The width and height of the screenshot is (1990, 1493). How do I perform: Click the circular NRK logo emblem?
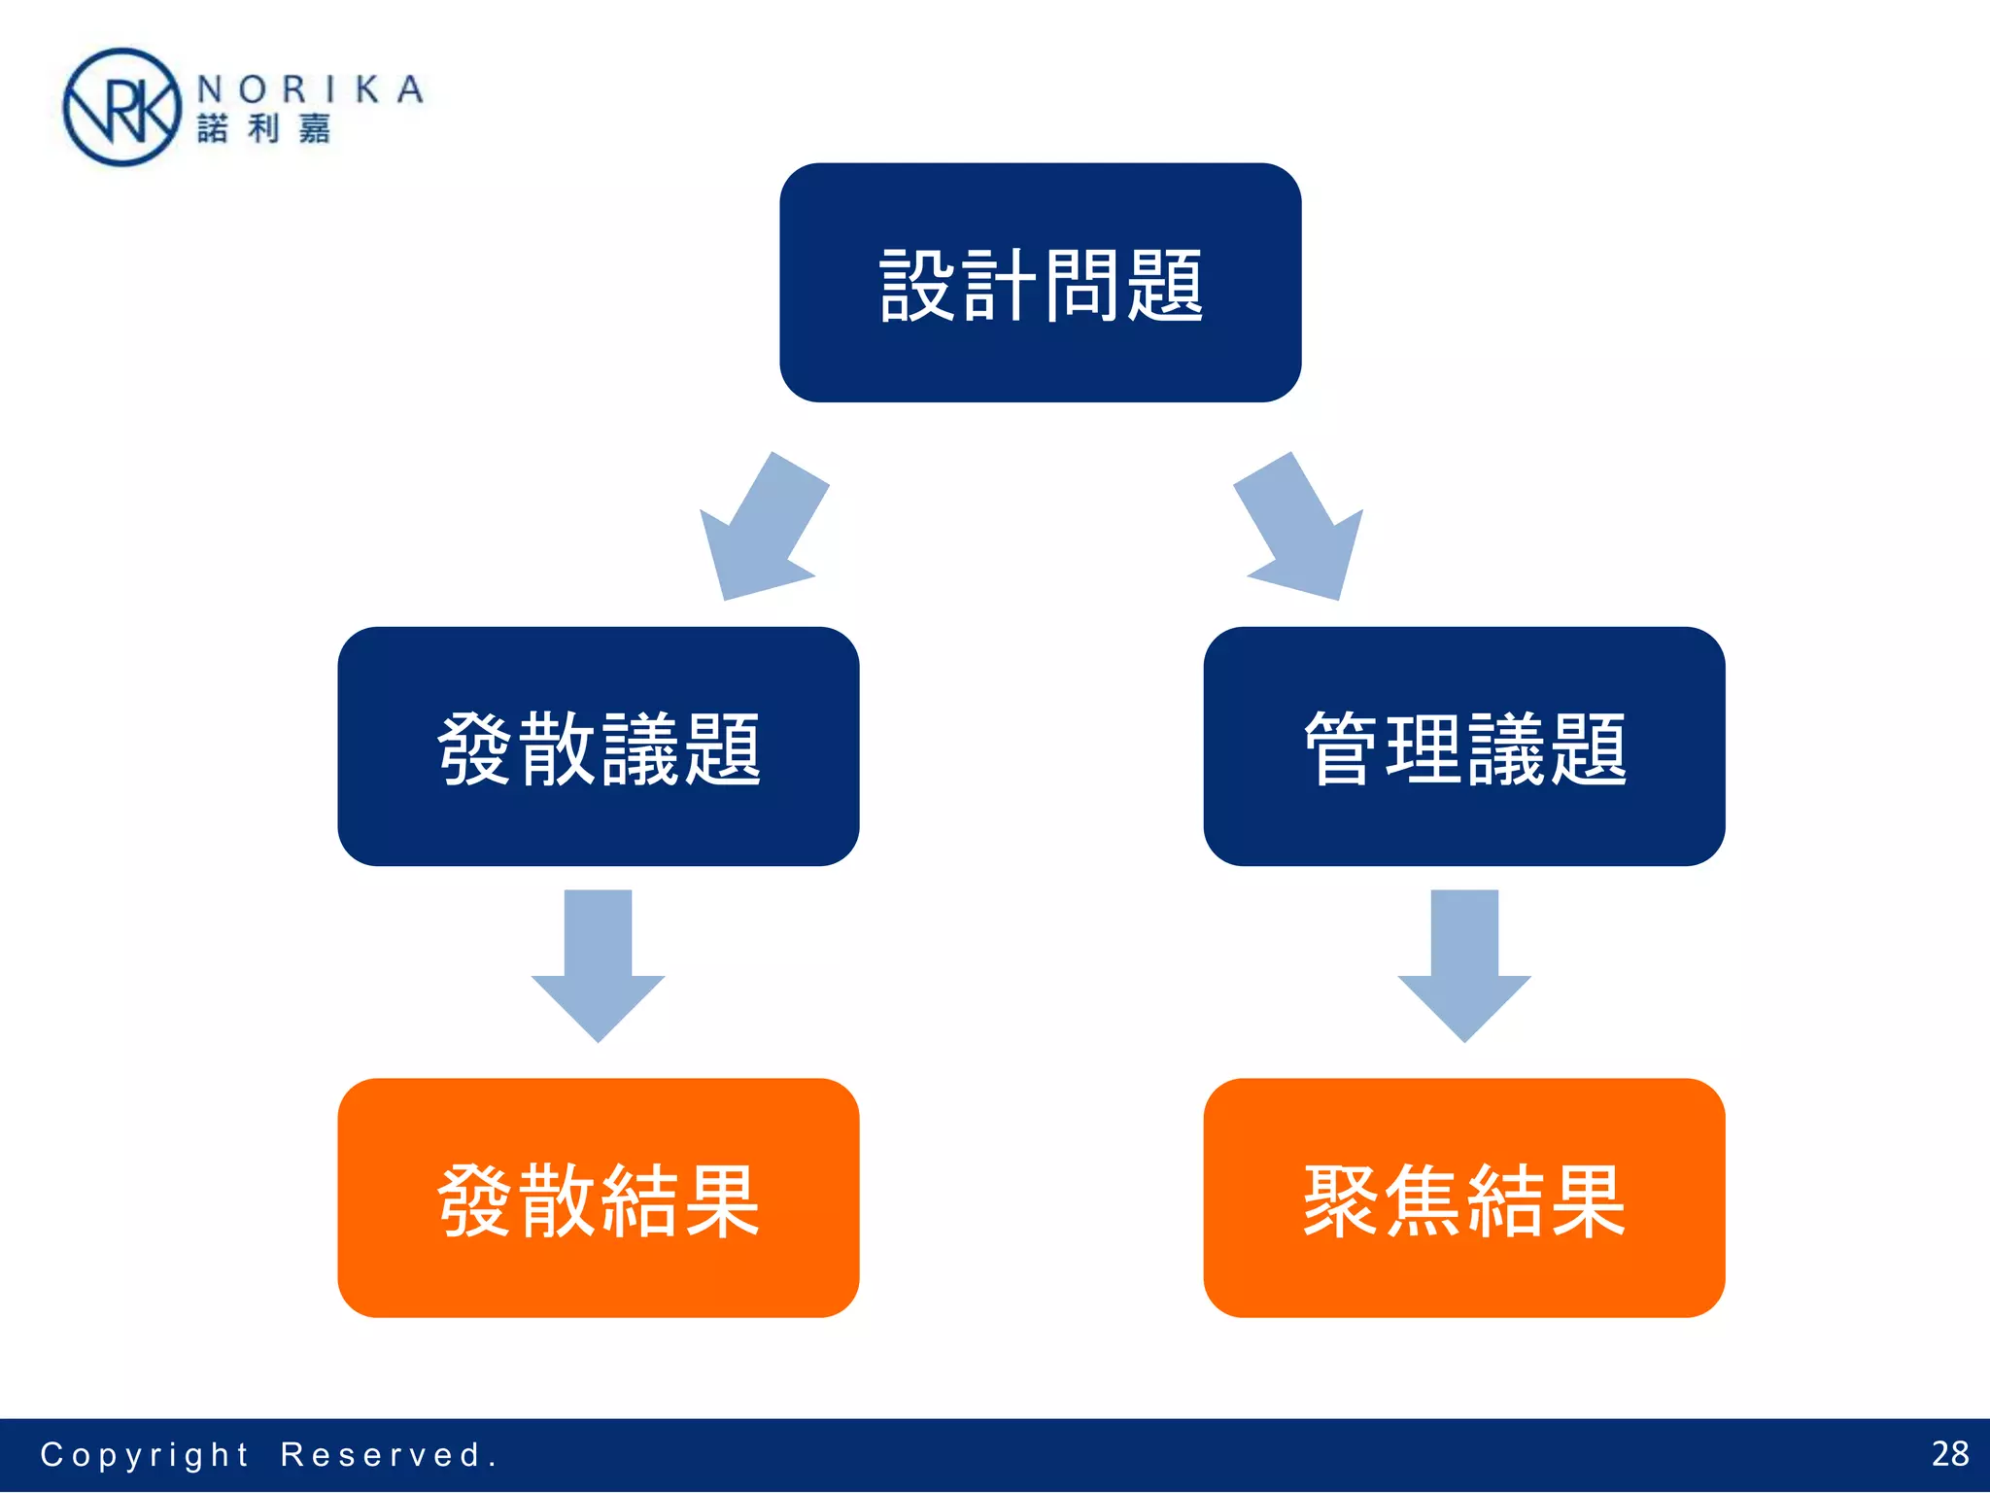(121, 107)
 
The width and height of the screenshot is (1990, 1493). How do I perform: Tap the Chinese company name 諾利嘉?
(264, 128)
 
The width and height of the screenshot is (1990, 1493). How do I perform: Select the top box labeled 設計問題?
(1040, 282)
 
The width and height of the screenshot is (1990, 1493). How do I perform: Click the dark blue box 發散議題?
(598, 746)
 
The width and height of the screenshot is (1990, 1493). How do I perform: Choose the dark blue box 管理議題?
(1463, 746)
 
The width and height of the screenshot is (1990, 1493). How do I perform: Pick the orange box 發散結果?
(598, 1198)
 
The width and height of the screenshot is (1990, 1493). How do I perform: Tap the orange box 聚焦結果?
(1463, 1198)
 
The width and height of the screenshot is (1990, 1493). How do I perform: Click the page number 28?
(1949, 1454)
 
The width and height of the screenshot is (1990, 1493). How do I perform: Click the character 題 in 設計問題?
(1165, 285)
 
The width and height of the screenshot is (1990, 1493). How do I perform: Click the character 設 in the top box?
(917, 285)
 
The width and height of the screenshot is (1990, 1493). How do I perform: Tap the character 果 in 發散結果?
(722, 1201)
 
